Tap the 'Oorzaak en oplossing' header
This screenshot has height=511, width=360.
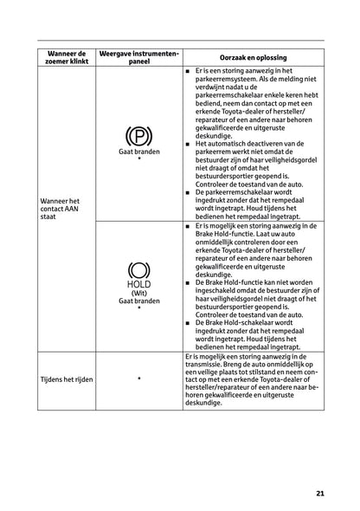click(x=254, y=56)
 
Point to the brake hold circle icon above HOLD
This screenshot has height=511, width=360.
click(x=138, y=269)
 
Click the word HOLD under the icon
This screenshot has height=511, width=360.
click(x=138, y=283)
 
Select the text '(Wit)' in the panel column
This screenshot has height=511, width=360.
click(x=138, y=293)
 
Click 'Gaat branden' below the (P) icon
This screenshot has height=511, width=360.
click(x=138, y=151)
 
